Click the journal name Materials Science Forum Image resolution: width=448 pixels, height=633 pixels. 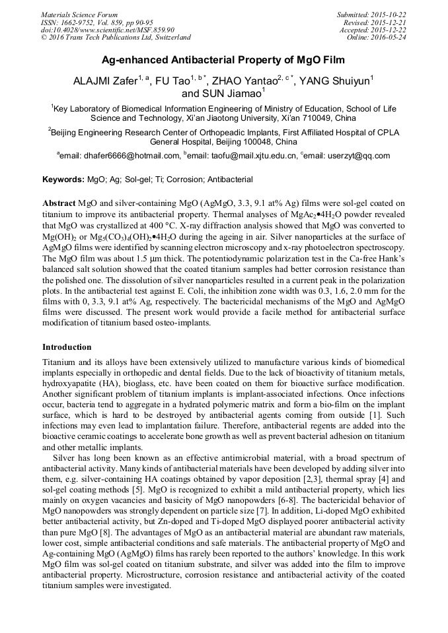(79, 15)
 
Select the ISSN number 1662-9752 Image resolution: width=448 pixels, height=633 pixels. (78, 22)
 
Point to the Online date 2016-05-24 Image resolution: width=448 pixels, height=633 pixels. (389, 37)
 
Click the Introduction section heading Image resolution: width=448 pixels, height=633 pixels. (67, 347)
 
